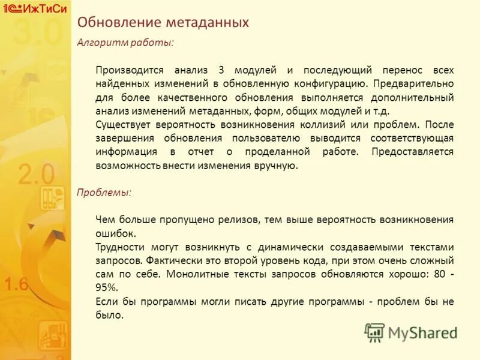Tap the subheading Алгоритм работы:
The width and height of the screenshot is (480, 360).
125,43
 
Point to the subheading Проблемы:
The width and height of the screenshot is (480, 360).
104,193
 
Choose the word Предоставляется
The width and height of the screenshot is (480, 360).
412,152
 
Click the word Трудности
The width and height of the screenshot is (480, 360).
118,247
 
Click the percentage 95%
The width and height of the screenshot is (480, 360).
107,288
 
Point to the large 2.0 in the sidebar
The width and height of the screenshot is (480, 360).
36,175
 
